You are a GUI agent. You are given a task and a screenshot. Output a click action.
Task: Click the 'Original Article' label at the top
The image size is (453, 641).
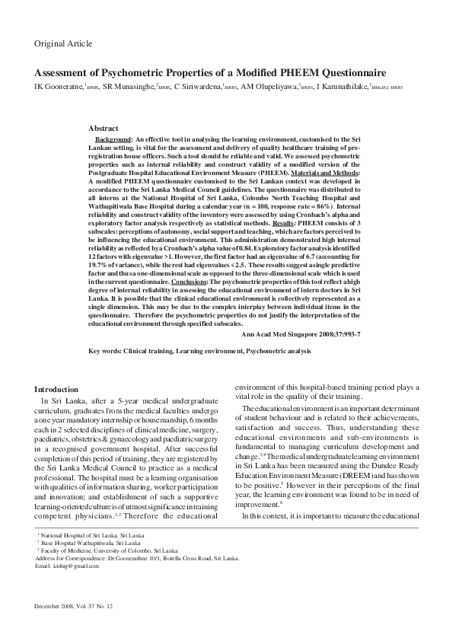[62, 44]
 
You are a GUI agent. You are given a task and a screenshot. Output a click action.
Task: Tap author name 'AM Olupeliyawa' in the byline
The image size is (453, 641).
[271, 88]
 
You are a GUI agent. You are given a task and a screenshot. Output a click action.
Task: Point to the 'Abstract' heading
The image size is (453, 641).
[104, 129]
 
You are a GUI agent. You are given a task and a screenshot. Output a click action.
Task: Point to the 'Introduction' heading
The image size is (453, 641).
[57, 389]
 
